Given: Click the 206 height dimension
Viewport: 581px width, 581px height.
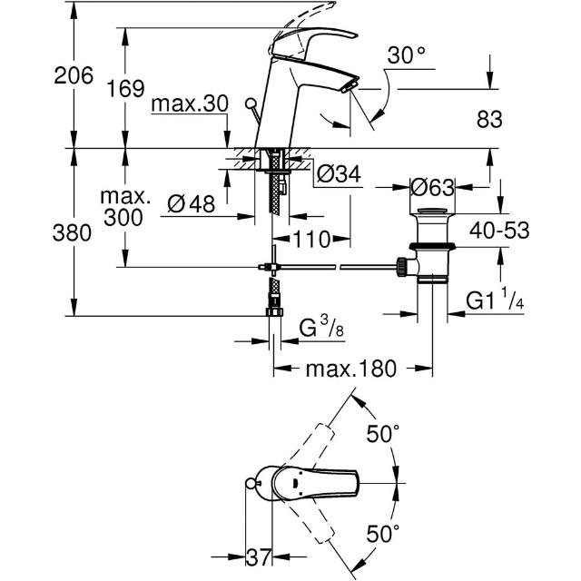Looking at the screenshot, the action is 74,75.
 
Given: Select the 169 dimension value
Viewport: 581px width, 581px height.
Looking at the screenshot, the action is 125,89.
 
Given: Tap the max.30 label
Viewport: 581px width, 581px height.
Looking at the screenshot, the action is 190,104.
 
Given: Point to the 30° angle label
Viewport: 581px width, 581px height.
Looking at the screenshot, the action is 406,55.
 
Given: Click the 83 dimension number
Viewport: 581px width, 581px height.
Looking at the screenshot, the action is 489,119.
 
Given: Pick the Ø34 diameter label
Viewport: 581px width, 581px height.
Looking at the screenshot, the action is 339,173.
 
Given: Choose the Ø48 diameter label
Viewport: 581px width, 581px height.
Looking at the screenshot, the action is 191,203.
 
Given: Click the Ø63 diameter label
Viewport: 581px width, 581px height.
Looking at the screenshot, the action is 432,188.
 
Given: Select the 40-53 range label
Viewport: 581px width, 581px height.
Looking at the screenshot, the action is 499,231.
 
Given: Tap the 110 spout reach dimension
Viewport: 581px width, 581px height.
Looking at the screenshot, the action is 311,240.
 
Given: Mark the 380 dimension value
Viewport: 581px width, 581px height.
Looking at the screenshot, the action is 72,233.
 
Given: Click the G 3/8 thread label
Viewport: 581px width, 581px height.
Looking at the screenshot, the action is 321,327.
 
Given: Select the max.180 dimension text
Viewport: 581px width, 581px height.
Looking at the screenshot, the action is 351,369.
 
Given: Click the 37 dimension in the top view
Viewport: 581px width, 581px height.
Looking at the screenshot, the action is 258,557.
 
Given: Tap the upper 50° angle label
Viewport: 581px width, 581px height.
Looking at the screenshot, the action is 383,434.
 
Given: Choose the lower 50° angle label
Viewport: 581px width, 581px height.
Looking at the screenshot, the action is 383,534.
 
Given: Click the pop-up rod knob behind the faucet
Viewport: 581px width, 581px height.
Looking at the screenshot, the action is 251,103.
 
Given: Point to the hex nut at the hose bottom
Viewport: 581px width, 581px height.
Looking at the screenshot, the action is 274,311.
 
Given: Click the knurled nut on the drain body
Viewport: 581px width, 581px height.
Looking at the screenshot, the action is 401,267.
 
